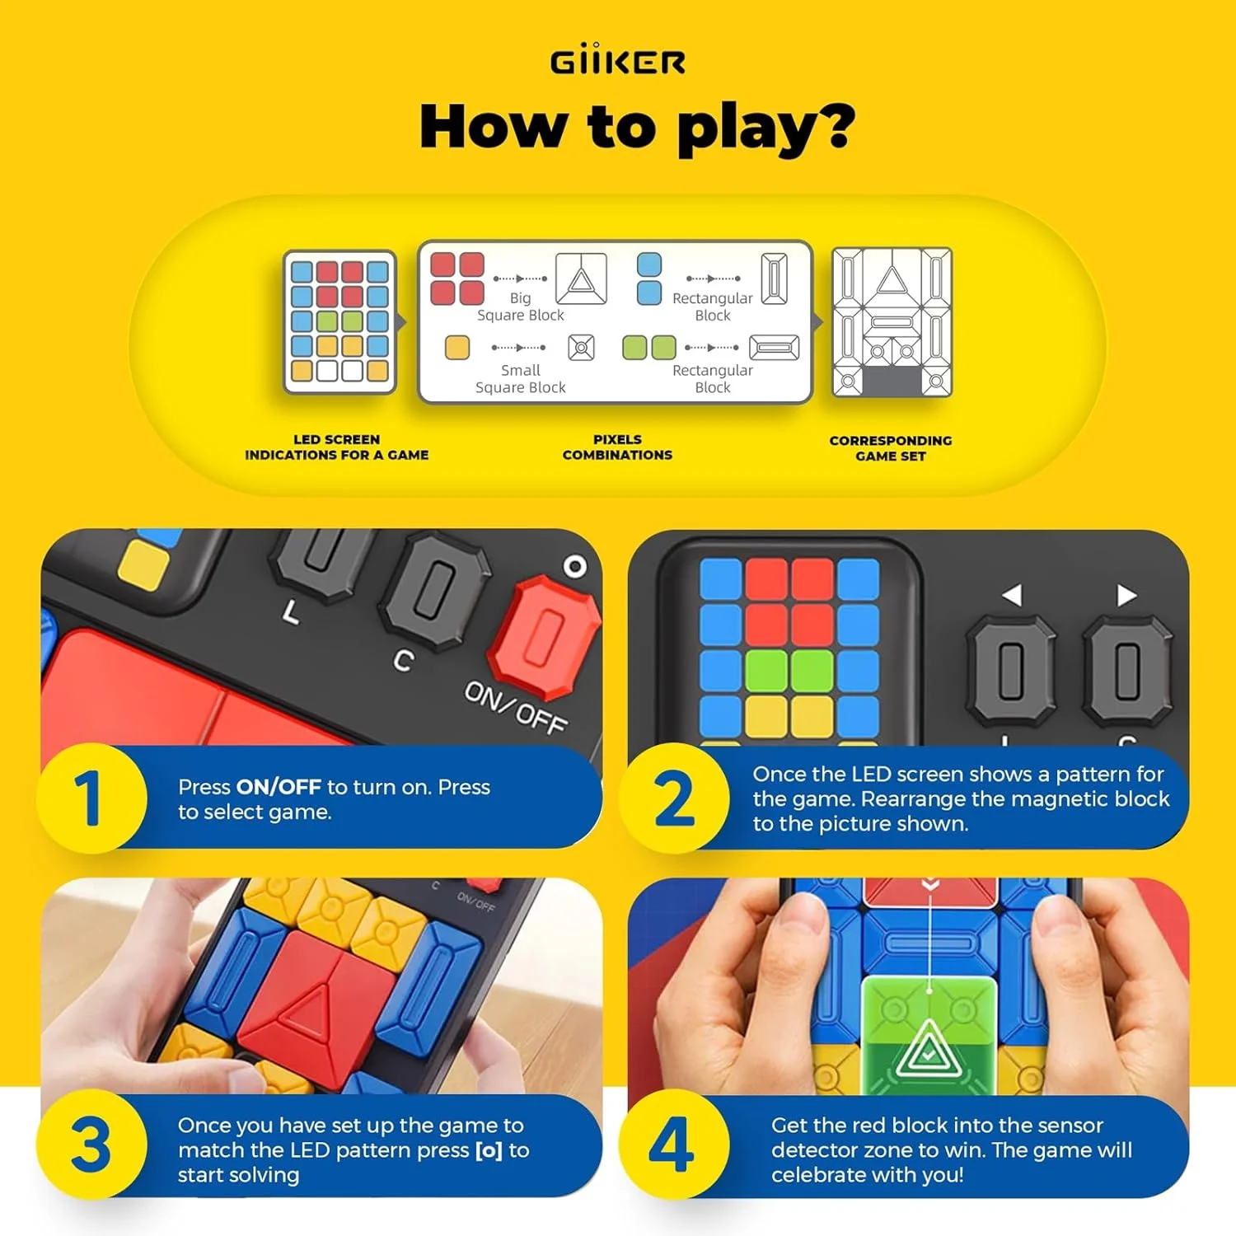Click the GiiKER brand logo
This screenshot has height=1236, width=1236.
(x=617, y=62)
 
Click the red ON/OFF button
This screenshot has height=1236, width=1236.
(x=545, y=635)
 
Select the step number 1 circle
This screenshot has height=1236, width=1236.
(x=91, y=798)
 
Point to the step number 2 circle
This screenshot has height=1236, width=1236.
(x=674, y=798)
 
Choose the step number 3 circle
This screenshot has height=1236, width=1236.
(x=91, y=1145)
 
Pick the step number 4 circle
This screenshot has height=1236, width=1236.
(x=674, y=1145)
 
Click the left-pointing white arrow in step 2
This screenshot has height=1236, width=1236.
(x=1012, y=594)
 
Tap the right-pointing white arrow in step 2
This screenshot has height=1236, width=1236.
(x=1126, y=595)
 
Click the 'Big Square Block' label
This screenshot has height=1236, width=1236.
(x=521, y=307)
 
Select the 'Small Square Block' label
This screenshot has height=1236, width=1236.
(x=521, y=379)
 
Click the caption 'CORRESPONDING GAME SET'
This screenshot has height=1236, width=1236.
(x=891, y=448)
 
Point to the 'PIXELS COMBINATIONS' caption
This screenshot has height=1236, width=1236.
(x=617, y=447)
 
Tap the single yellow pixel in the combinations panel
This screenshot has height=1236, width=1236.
(x=457, y=347)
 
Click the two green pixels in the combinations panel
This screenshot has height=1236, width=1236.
(x=649, y=347)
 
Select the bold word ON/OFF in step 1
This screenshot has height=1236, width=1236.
(x=279, y=787)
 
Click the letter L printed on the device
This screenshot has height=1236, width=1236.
(x=290, y=611)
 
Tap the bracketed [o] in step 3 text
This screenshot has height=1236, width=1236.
(x=489, y=1150)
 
